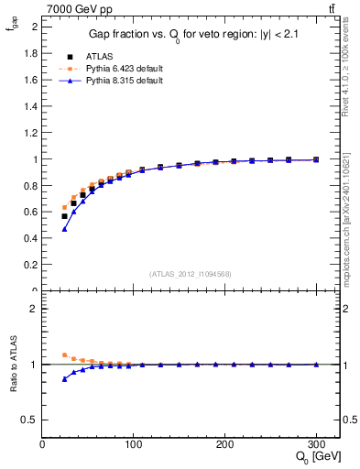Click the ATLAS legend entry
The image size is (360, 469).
[x=101, y=56]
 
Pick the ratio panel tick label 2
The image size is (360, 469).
[x=33, y=309]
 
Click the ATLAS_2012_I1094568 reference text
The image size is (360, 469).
[x=191, y=273]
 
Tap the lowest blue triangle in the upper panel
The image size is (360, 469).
[x=64, y=228]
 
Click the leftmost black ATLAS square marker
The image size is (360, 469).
[x=64, y=216]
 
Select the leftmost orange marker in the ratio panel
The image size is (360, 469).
[x=64, y=354]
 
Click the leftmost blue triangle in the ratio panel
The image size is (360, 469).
[x=64, y=378]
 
